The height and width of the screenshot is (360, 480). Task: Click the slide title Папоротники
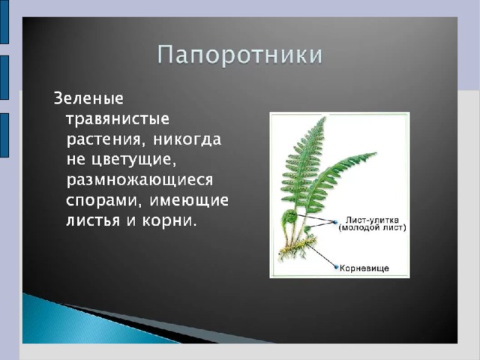coord(240,55)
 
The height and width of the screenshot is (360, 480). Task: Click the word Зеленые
coord(88,98)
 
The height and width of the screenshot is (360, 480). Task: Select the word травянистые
coord(118,119)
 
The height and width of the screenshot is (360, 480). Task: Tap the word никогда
coord(187,139)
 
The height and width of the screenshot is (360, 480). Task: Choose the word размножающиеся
coord(139,180)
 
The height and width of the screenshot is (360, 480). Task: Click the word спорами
coord(105,201)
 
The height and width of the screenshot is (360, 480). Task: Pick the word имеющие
coord(189,201)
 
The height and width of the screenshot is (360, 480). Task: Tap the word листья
coord(93,220)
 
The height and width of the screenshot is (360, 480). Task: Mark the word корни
coord(169,220)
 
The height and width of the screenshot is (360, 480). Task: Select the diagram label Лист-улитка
coord(372,220)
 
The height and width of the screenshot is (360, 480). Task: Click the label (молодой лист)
coord(372,228)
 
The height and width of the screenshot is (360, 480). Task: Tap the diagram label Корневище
coord(364,268)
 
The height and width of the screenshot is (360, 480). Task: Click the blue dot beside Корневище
coord(337,267)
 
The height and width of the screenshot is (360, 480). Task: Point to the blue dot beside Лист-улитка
coord(335,222)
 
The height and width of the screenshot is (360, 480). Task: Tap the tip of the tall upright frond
coord(325,118)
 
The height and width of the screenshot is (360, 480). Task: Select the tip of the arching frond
coord(375,153)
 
